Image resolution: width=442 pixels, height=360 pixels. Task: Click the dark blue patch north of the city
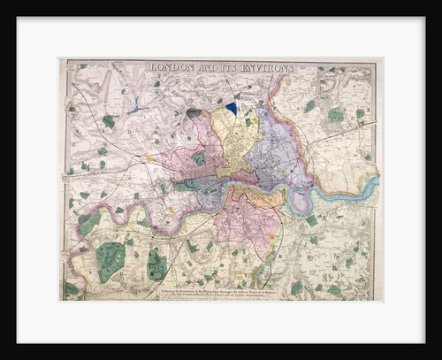click(x=232, y=107)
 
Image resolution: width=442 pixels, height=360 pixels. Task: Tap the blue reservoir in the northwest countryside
click(x=134, y=110)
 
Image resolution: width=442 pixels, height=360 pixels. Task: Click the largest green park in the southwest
click(x=110, y=261)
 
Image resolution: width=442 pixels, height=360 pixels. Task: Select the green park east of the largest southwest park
click(x=156, y=264)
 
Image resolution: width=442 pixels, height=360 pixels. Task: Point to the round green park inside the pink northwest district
click(x=200, y=158)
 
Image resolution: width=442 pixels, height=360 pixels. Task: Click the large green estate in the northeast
click(x=336, y=115)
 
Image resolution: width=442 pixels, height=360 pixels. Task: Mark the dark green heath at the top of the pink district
click(x=194, y=113)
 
